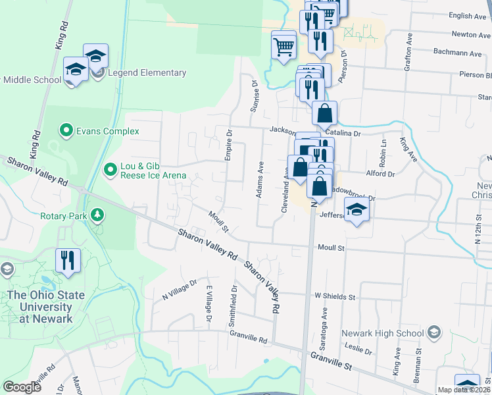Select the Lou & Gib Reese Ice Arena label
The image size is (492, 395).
click(x=153, y=171)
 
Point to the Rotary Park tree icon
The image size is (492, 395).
click(x=97, y=215)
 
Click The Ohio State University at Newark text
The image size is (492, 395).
click(x=46, y=307)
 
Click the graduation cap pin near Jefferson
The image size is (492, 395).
click(x=357, y=210)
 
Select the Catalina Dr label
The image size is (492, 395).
click(x=348, y=134)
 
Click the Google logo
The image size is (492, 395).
click(x=22, y=387)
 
